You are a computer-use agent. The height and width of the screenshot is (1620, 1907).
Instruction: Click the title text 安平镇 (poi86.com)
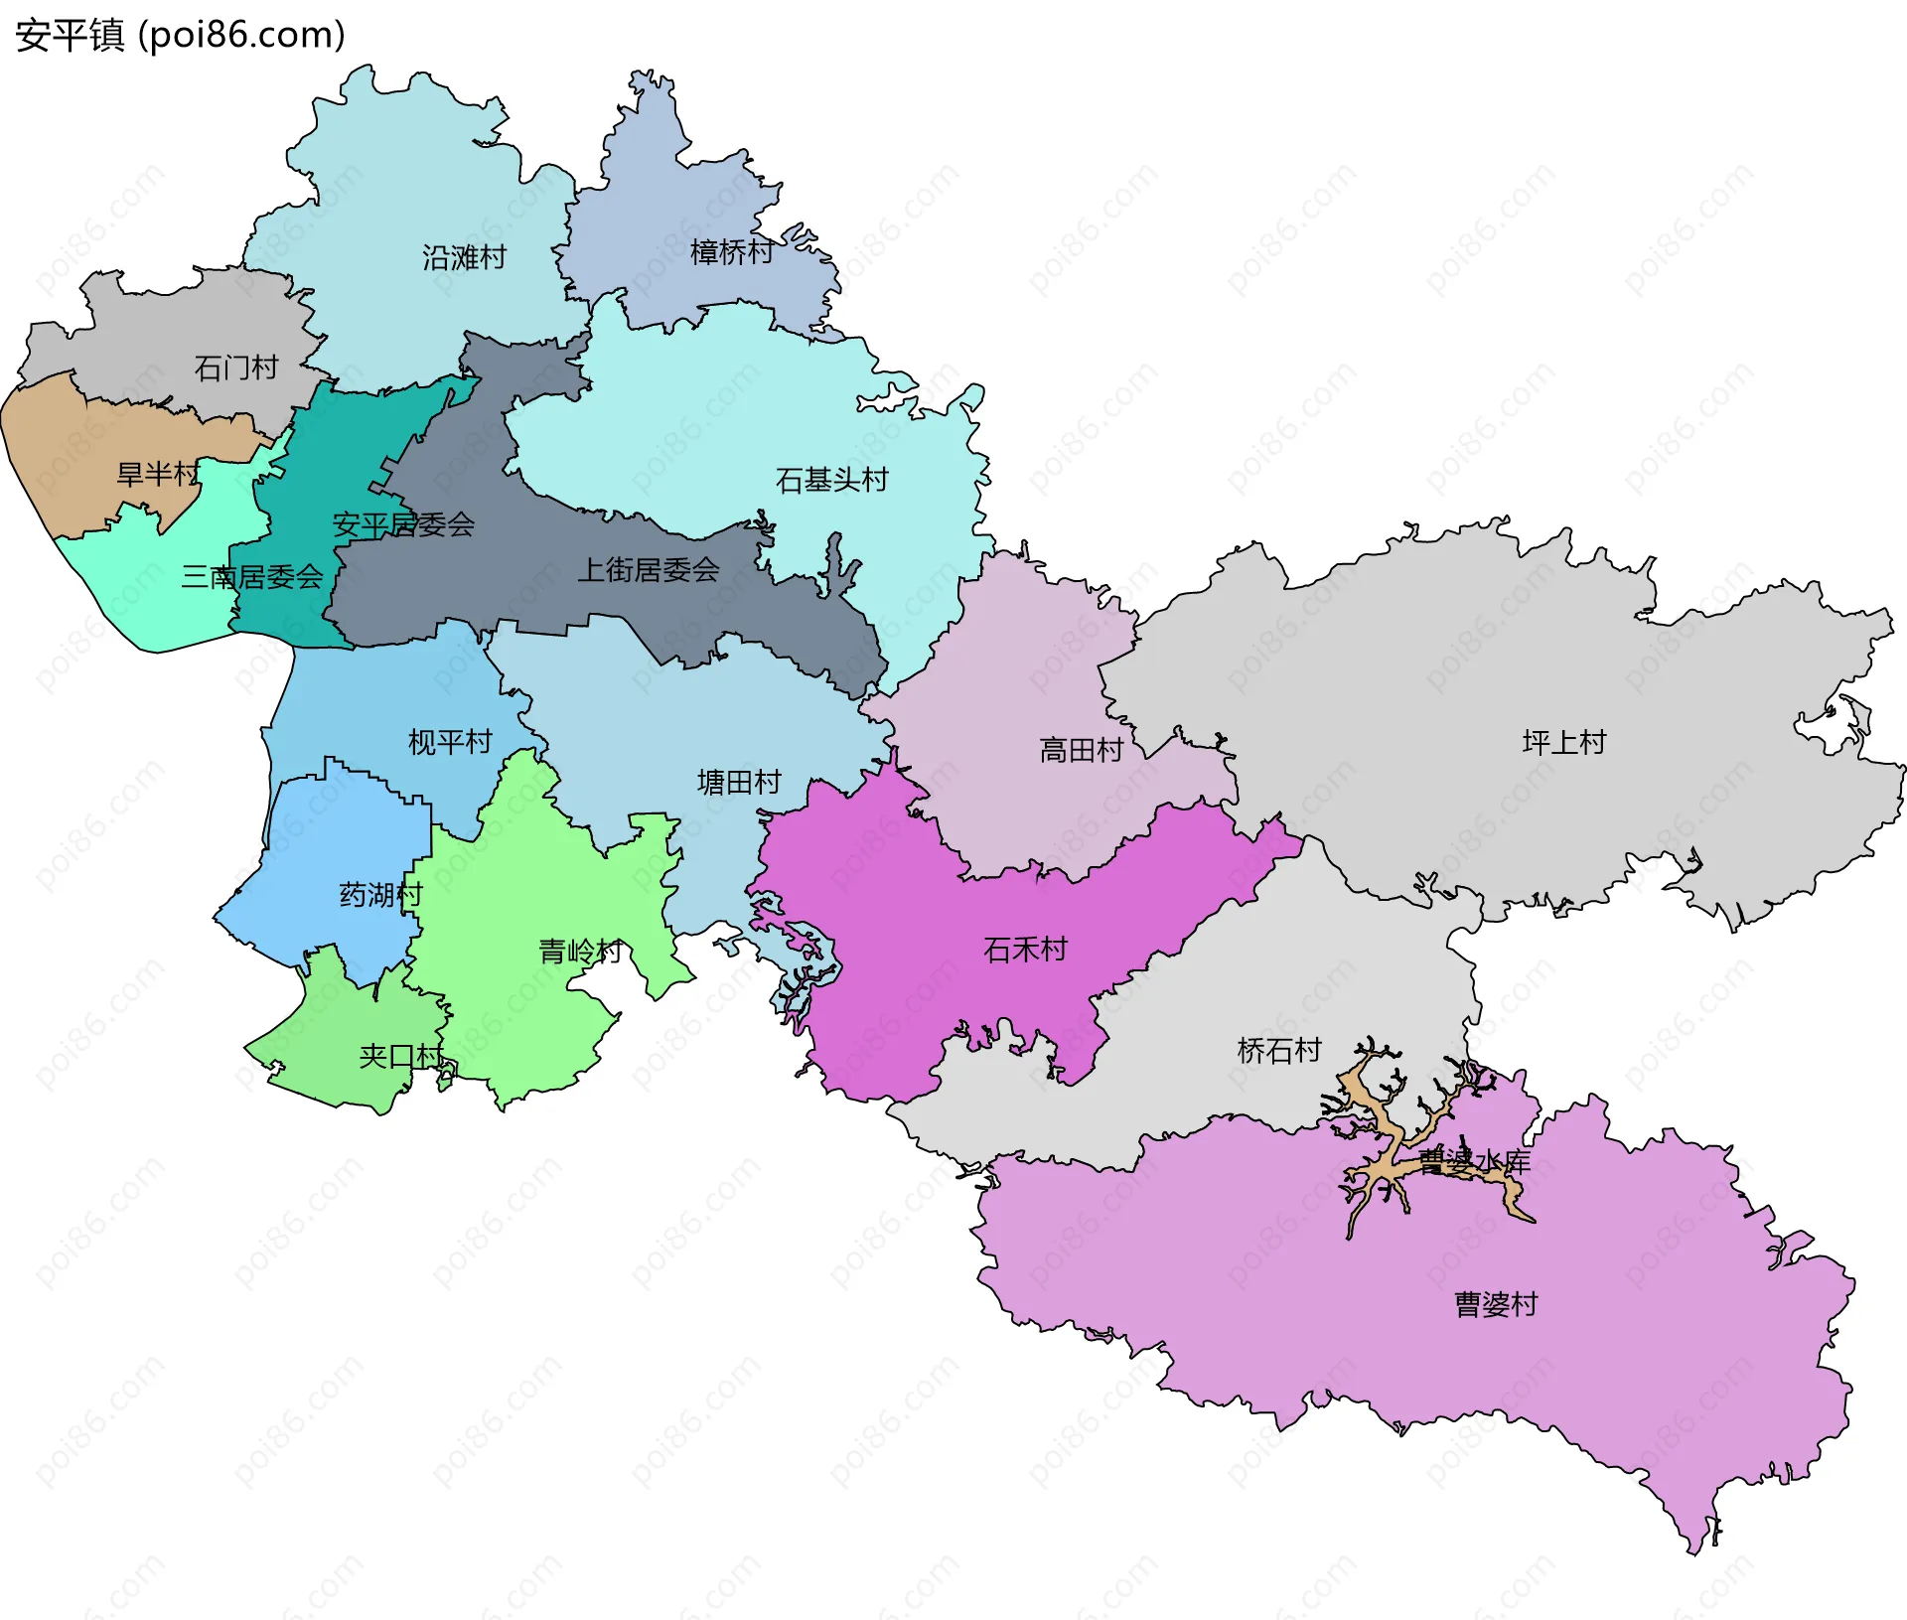tap(180, 35)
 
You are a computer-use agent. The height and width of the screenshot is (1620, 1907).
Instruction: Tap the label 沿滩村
tap(464, 258)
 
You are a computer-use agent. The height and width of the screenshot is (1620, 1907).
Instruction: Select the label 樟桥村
tap(732, 252)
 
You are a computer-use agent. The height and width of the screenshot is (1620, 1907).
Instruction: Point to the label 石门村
tap(236, 368)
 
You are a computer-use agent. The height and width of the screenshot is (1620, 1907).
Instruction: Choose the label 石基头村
tap(831, 481)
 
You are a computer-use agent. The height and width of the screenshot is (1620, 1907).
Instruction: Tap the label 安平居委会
tap(403, 524)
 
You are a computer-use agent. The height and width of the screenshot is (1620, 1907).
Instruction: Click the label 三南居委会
tap(252, 577)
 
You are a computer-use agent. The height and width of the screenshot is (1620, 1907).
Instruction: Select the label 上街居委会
tap(649, 570)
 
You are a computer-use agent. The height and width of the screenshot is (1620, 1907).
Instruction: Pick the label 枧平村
tap(450, 742)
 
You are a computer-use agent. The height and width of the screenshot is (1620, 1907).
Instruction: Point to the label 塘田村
tap(739, 783)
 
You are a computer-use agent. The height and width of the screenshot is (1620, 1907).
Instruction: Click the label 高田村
tap(1081, 750)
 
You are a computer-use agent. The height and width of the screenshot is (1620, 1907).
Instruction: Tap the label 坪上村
tap(1564, 742)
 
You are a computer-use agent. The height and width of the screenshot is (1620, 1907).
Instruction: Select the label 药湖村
tap(380, 895)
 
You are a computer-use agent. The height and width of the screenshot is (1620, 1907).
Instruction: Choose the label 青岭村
tap(580, 952)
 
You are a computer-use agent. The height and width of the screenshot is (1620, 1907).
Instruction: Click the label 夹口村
tap(401, 1056)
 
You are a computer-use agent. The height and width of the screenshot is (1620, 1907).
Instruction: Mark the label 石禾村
tap(1025, 950)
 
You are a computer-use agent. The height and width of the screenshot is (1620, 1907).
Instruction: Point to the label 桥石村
tap(1279, 1050)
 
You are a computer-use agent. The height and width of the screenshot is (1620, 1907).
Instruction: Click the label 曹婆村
tap(1496, 1304)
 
